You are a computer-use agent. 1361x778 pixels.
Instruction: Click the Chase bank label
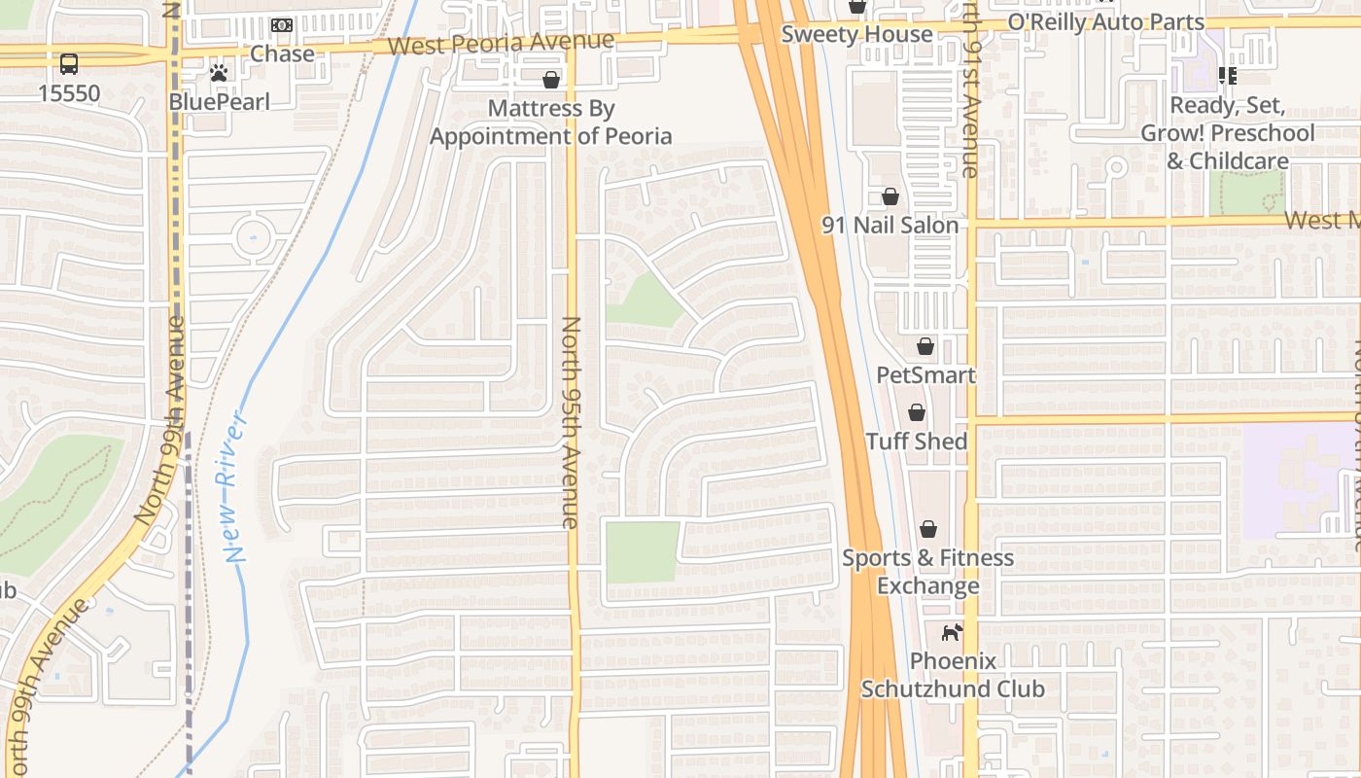pyautogui.click(x=282, y=53)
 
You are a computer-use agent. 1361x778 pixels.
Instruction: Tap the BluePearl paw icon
pyautogui.click(x=219, y=73)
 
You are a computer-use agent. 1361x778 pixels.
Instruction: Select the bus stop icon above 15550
pyautogui.click(x=69, y=64)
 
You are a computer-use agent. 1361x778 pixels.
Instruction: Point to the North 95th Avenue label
pyautogui.click(x=571, y=422)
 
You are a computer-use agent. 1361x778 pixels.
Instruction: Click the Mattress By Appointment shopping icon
pyautogui.click(x=551, y=80)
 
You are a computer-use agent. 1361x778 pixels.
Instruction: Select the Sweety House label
pyautogui.click(x=857, y=35)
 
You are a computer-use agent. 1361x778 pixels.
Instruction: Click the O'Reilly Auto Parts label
pyautogui.click(x=1105, y=21)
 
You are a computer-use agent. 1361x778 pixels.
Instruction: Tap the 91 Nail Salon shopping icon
pyautogui.click(x=890, y=197)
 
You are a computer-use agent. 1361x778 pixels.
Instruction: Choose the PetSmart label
pyautogui.click(x=925, y=375)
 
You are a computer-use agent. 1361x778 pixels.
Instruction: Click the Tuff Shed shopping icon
pyautogui.click(x=916, y=413)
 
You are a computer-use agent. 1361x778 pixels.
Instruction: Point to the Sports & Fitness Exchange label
pyautogui.click(x=927, y=572)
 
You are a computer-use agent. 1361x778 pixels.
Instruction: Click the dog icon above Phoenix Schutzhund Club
pyautogui.click(x=951, y=632)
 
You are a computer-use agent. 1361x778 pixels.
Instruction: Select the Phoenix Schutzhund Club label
pyautogui.click(x=953, y=675)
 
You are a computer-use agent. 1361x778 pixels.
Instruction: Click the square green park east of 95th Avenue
pyautogui.click(x=642, y=552)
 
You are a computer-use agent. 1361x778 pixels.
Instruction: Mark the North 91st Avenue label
pyautogui.click(x=970, y=107)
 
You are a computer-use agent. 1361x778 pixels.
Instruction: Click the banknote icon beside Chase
pyautogui.click(x=282, y=25)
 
